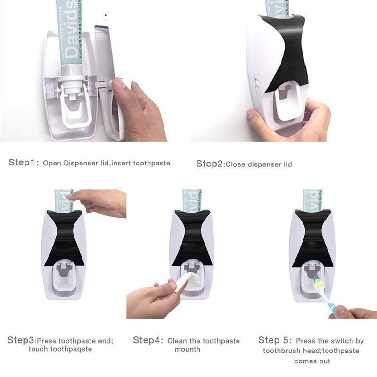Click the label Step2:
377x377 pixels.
point(210,164)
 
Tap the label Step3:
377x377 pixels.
point(22,340)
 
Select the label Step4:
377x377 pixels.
point(148,340)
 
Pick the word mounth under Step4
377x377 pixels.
point(188,349)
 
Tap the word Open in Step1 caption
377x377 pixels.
point(52,164)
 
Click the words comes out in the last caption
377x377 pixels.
point(312,361)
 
